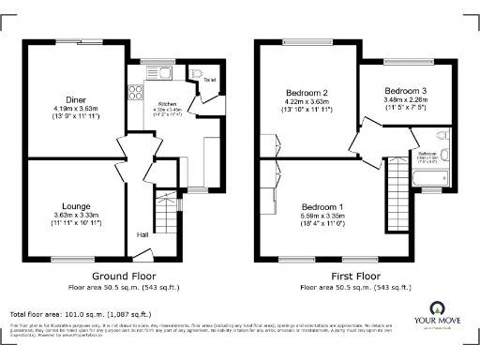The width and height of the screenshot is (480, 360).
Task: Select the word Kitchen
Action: (167, 102)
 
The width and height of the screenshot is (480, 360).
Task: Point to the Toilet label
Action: (209, 81)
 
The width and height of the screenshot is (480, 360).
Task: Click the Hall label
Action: (143, 234)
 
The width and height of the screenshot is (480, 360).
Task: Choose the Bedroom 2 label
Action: (307, 93)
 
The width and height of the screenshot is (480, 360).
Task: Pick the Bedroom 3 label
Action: (406, 90)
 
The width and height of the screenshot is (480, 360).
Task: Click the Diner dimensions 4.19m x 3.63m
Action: (76, 111)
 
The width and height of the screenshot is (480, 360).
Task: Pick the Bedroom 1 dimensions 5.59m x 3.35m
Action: (322, 218)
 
